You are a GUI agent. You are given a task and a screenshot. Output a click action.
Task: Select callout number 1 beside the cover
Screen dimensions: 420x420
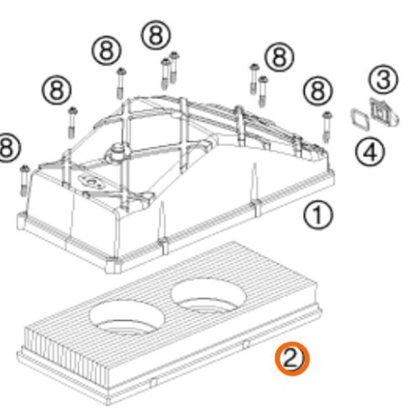317,217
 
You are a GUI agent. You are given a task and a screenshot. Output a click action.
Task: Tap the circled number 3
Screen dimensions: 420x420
384,80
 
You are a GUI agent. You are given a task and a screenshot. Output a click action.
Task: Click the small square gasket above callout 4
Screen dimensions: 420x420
360,117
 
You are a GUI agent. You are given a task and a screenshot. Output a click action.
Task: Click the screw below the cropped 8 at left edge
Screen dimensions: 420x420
24,177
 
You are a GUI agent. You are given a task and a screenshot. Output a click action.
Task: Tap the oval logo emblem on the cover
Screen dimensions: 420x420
87,181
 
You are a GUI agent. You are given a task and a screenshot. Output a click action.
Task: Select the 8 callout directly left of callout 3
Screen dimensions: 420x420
280,57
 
